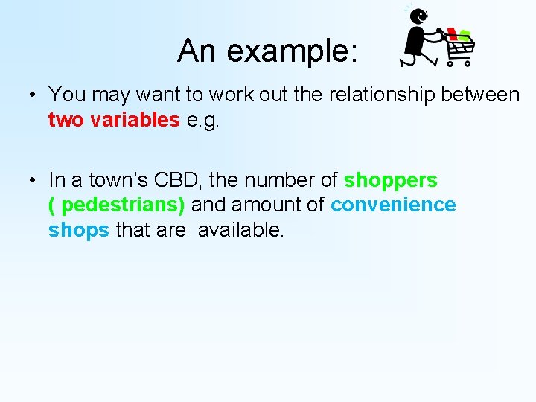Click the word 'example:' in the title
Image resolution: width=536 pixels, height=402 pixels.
[293, 51]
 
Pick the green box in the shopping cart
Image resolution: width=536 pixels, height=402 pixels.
[464, 35]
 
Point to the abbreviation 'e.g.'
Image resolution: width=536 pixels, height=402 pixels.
[205, 120]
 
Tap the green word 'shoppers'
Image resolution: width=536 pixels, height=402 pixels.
[390, 180]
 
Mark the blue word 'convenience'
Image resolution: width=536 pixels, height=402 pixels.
[393, 205]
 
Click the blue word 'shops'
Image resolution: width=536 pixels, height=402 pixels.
[78, 231]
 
